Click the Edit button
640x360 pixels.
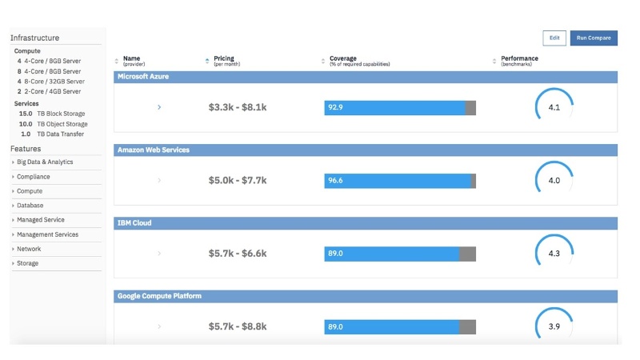(554, 38)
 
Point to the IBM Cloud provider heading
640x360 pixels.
(134, 223)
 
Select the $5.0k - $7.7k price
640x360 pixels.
(238, 181)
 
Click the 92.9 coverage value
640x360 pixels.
(335, 107)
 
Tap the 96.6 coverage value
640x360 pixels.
(335, 181)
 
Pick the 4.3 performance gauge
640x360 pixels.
(554, 254)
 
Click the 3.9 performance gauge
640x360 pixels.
(554, 326)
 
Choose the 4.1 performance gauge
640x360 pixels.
(554, 107)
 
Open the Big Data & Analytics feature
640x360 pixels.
(45, 162)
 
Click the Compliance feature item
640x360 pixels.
(34, 177)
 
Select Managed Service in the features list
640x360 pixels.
(41, 219)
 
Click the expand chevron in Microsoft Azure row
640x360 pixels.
(159, 107)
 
